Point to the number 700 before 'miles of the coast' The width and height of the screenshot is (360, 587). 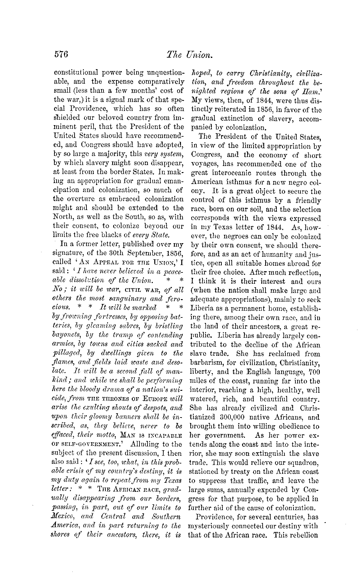tap(314, 372)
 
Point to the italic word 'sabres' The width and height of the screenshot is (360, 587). tap(119, 326)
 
